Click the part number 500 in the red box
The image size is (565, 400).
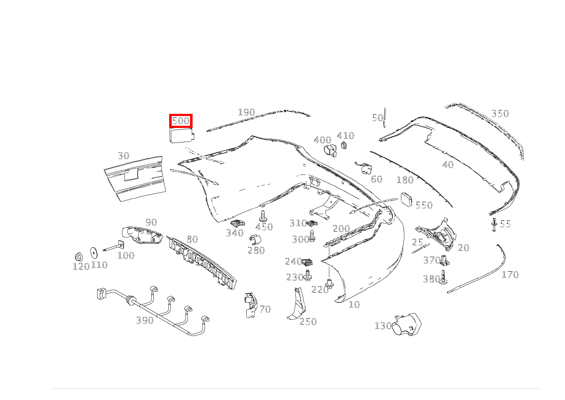pos(181,121)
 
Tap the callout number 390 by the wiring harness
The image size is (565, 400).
pos(144,320)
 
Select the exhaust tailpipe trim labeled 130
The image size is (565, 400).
pos(406,325)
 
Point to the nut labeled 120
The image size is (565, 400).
pos(78,257)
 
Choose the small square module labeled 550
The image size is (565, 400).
pos(406,200)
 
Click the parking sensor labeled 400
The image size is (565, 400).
pos(331,150)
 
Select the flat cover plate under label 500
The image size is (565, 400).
pos(181,136)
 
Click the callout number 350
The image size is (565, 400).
pos(500,113)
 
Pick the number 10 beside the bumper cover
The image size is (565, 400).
pos(354,304)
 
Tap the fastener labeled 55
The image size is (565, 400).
pos(494,224)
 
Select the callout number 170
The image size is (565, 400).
pos(510,275)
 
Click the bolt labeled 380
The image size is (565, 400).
pos(444,277)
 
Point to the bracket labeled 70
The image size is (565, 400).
pos(251,304)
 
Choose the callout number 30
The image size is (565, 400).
pos(123,156)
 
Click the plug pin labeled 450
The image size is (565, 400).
pos(263,215)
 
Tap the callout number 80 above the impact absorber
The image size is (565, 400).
pos(192,239)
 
